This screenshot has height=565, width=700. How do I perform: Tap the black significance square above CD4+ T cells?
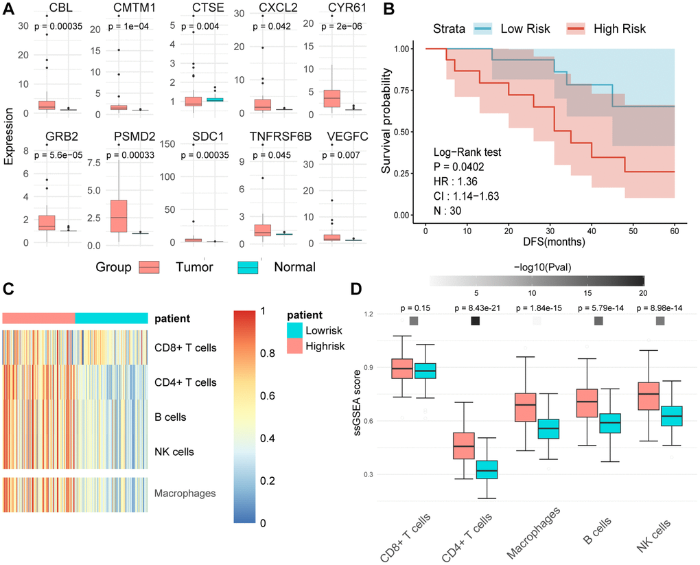click(475, 321)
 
